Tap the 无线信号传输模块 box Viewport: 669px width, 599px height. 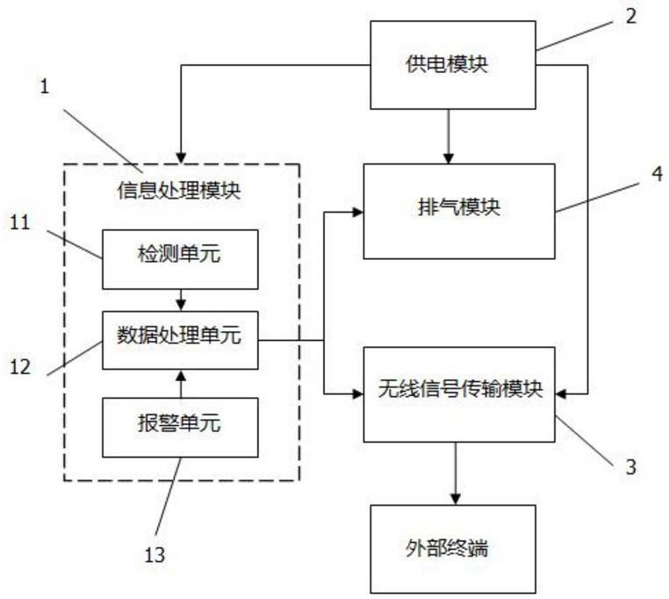[459, 393]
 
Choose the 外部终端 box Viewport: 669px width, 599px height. [452, 548]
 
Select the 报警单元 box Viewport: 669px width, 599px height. [181, 426]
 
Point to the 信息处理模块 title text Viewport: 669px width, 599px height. [179, 189]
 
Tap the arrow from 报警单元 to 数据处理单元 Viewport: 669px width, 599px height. [181, 383]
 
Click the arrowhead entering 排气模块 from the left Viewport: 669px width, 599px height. [356, 212]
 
